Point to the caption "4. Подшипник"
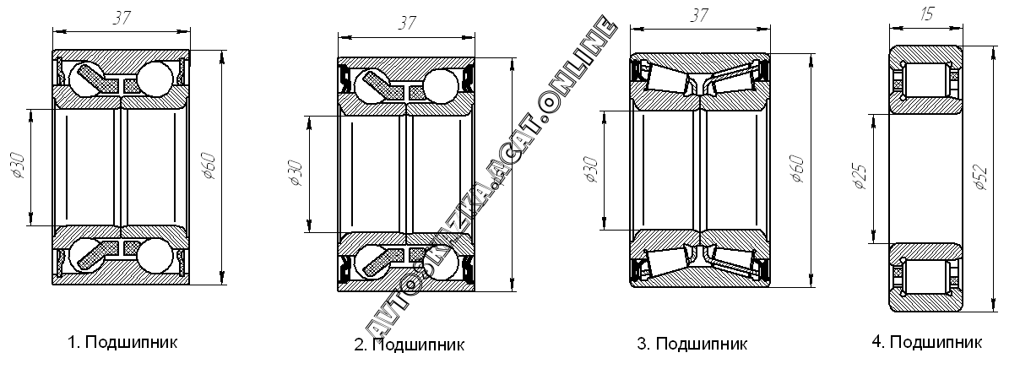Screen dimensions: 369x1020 pyautogui.click(x=928, y=342)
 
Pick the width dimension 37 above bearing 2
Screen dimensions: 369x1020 pyautogui.click(x=408, y=24)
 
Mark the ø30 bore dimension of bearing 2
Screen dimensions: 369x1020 pyautogui.click(x=295, y=172)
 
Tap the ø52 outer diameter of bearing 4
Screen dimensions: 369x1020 pyautogui.click(x=981, y=175)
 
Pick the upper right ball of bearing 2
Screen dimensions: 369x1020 pyautogui.click(x=440, y=86)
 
